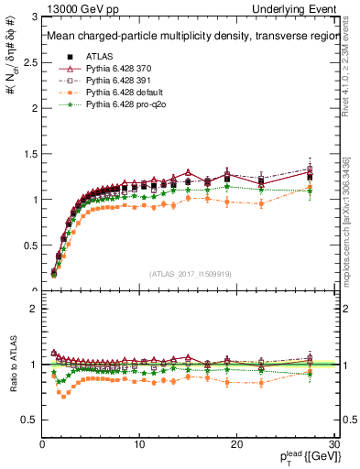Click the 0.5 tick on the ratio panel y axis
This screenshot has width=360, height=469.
[30, 420]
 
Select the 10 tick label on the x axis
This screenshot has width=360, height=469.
[139, 444]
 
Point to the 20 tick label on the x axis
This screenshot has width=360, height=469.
[236, 444]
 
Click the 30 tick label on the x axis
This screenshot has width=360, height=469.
[333, 444]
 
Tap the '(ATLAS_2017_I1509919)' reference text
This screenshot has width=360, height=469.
[189, 273]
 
